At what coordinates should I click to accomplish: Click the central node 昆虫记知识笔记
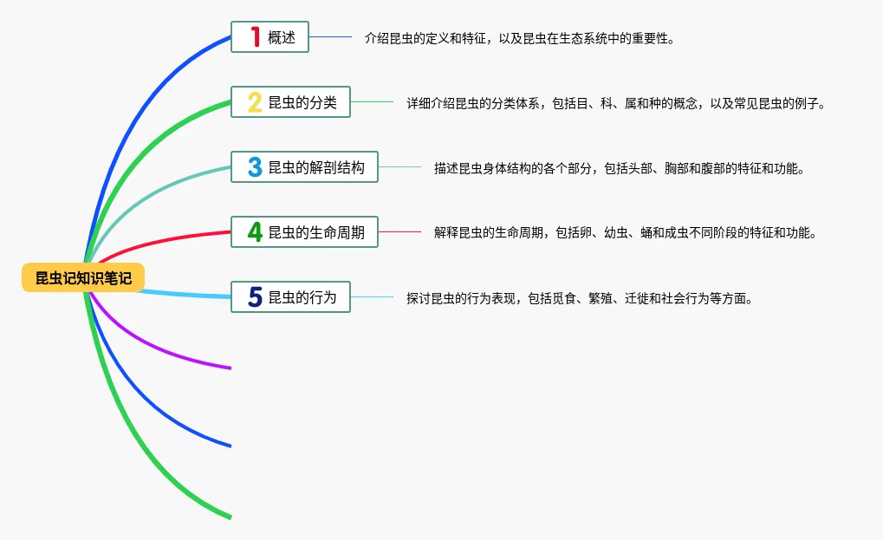click(x=83, y=277)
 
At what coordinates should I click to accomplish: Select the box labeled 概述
click(x=269, y=37)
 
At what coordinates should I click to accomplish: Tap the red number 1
click(x=255, y=37)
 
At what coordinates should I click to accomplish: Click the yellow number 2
click(x=255, y=102)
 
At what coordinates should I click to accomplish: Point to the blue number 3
click(x=255, y=167)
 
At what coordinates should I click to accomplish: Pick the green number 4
click(x=255, y=231)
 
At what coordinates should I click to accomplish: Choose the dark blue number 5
click(x=255, y=297)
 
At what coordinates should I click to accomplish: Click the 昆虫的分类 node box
click(x=290, y=102)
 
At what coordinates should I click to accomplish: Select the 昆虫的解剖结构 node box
click(x=304, y=167)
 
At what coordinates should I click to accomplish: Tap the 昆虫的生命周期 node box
click(x=304, y=231)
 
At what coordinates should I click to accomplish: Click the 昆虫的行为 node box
click(x=290, y=297)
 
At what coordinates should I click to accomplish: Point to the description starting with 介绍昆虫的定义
click(x=519, y=38)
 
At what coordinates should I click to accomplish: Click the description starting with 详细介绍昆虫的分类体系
click(x=615, y=103)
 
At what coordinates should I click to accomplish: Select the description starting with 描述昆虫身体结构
click(x=619, y=168)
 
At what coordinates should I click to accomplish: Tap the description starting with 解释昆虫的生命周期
click(x=624, y=232)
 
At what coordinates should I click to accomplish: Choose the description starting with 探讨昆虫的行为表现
click(x=578, y=298)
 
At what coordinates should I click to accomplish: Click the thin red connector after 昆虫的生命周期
click(x=399, y=231)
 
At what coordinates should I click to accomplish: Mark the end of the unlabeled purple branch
click(x=230, y=368)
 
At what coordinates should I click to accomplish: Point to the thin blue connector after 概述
click(x=330, y=37)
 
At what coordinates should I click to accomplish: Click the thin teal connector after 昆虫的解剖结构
click(x=399, y=167)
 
